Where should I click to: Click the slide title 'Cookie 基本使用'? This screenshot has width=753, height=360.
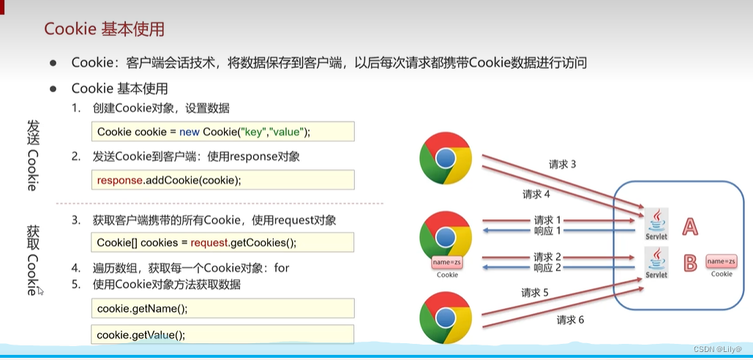104,29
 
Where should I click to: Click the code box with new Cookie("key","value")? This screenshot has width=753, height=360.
222,132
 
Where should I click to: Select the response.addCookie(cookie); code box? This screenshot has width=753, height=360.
222,180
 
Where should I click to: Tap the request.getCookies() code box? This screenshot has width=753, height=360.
222,242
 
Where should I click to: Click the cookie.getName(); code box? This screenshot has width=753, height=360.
222,308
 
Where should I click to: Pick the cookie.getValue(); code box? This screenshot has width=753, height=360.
222,334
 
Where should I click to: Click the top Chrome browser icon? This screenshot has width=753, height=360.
446,158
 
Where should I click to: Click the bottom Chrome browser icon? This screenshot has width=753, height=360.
446,318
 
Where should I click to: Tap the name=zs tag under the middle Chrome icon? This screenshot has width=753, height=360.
446,262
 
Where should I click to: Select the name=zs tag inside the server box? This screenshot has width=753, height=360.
721,261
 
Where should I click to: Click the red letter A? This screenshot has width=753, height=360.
689,227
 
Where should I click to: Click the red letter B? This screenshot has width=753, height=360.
689,263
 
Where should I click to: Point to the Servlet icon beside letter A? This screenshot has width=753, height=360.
656,222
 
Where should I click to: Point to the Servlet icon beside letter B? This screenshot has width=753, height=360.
656,262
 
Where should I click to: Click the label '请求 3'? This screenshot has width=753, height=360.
563,165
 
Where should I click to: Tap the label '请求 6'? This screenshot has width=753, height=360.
570,320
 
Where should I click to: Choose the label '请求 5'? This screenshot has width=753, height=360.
535,293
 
